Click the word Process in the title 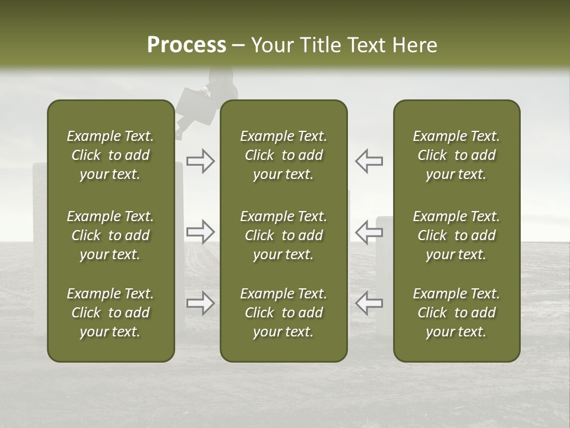186,45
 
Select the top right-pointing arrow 201,161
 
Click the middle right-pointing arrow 201,232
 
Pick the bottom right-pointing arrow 201,303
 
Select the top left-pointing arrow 369,161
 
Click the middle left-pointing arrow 369,232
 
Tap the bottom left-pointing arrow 369,303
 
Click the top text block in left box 110,155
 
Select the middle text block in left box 110,235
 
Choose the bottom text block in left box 110,313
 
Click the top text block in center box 284,155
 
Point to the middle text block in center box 284,235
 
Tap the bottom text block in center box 284,313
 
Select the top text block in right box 457,155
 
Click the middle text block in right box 457,235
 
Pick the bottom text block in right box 457,313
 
